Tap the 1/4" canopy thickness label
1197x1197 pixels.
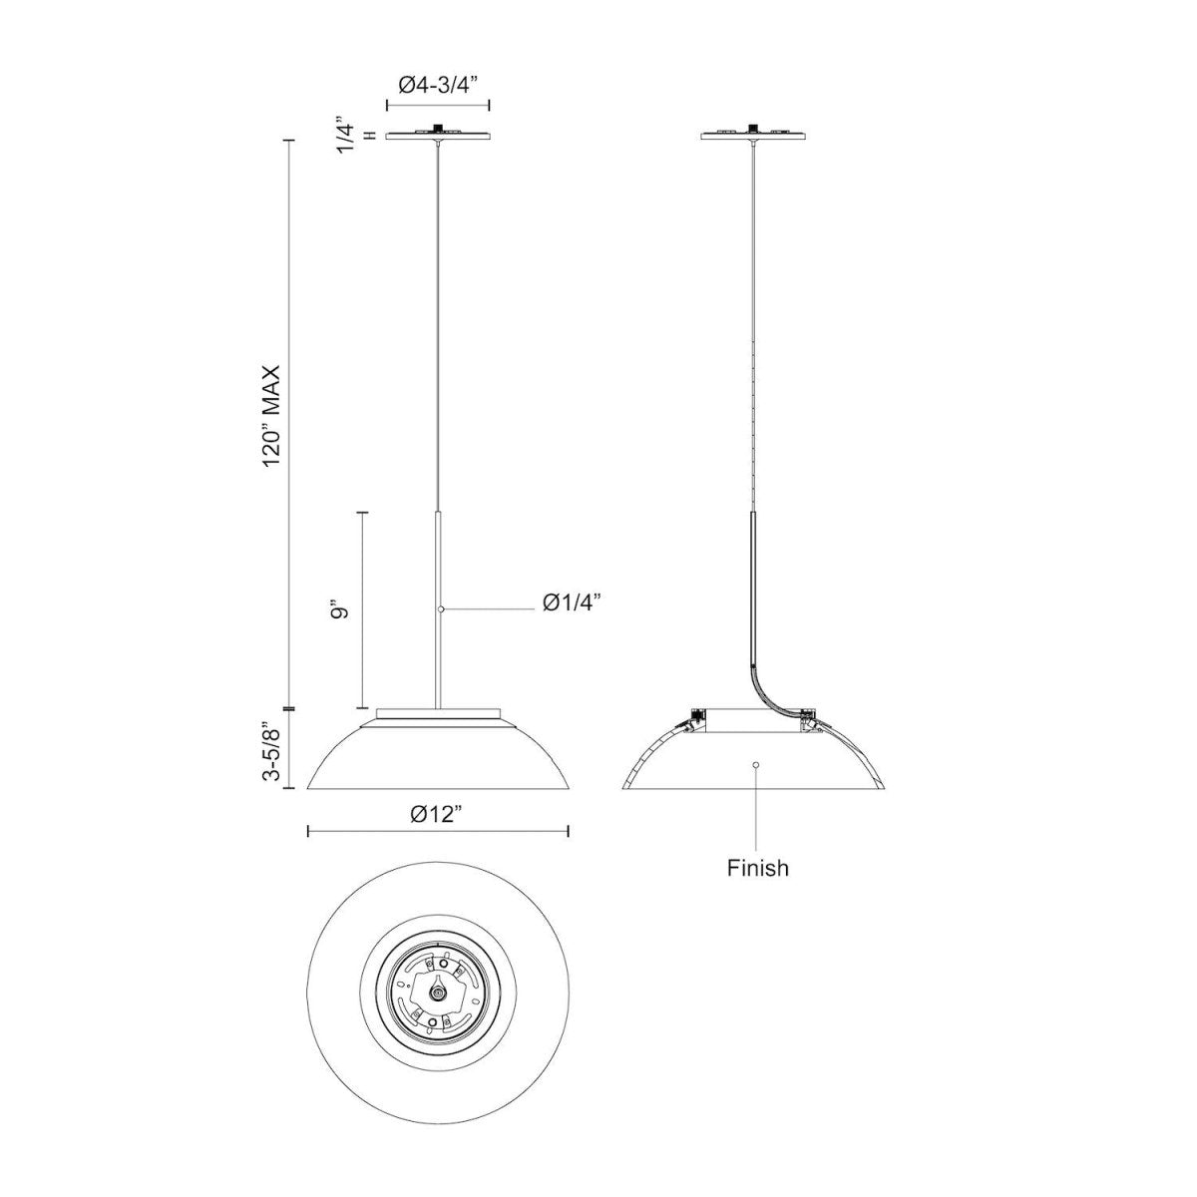(x=346, y=136)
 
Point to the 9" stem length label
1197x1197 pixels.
(x=341, y=610)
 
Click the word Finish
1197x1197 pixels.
(x=757, y=868)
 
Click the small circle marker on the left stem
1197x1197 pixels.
(x=439, y=608)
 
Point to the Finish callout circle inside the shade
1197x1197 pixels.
(x=755, y=765)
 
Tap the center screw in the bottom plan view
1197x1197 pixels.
(x=437, y=993)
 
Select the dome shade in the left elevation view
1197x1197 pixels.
(x=438, y=758)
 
